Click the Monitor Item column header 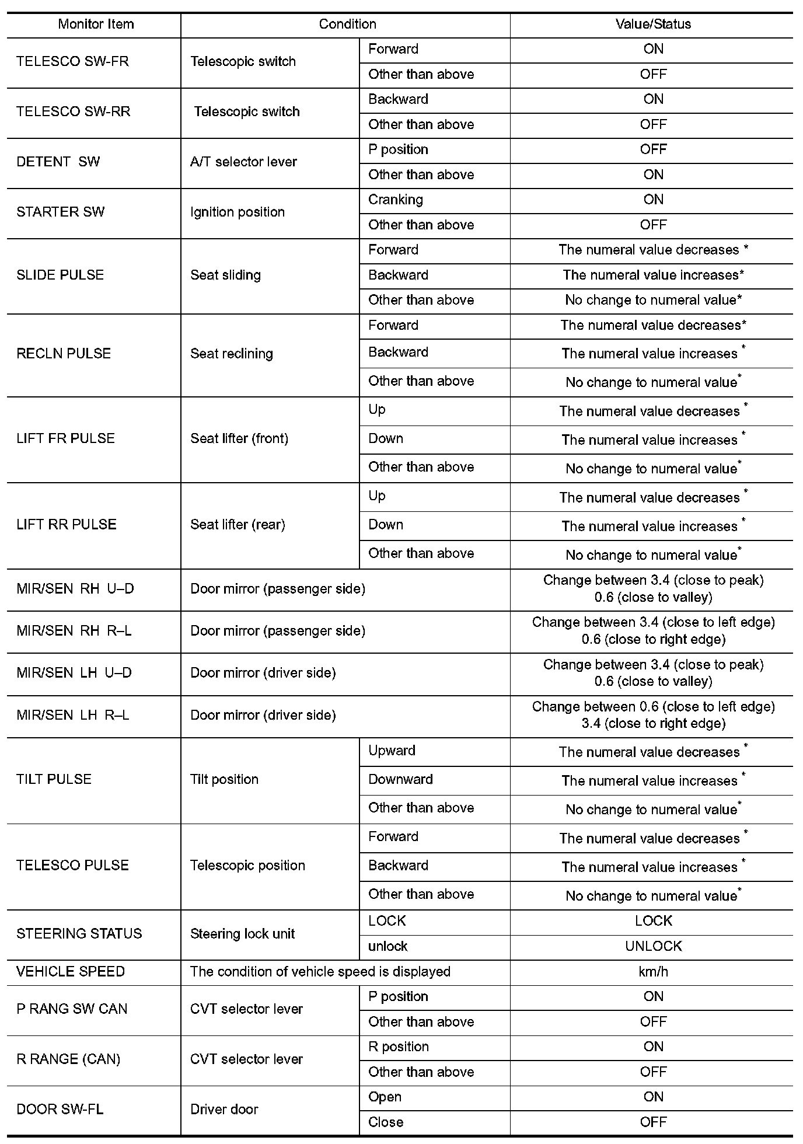[96, 25]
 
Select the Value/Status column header [653, 25]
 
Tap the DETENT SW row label [58, 162]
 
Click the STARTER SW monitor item [60, 212]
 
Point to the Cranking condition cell [396, 200]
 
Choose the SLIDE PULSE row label [60, 275]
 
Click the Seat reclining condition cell [232, 354]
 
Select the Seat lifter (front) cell [239, 438]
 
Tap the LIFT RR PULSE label [67, 524]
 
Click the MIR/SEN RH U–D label [75, 588]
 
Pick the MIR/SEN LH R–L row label [73, 715]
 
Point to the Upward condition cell [392, 751]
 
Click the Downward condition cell [400, 779]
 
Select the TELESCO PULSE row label [72, 865]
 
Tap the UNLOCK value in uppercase [653, 946]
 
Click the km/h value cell [653, 971]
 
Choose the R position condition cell [399, 1047]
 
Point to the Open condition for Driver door [385, 1097]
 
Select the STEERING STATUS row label [79, 933]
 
